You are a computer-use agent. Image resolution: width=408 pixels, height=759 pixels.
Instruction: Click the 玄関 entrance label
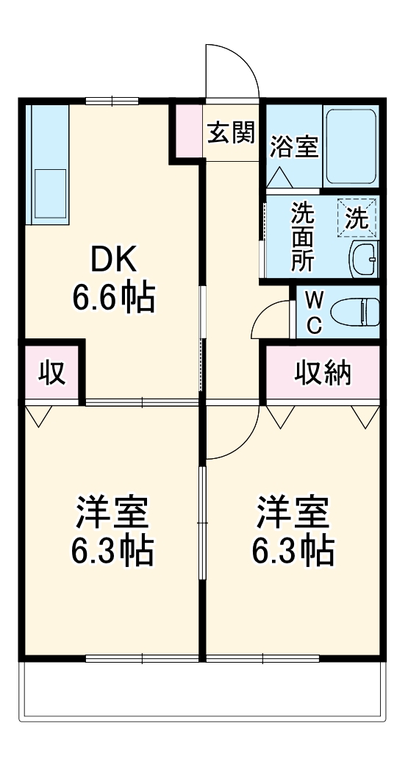(231, 132)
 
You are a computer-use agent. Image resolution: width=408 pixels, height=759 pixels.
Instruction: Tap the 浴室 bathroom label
(293, 146)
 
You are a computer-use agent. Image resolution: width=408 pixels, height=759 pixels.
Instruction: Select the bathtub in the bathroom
(351, 147)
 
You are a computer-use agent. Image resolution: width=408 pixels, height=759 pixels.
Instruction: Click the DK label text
(112, 260)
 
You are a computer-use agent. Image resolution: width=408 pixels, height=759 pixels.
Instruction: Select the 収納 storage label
(323, 374)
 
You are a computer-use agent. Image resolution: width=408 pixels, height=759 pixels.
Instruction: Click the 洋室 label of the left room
(112, 513)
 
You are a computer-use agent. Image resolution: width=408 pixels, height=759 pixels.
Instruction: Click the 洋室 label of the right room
(293, 513)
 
